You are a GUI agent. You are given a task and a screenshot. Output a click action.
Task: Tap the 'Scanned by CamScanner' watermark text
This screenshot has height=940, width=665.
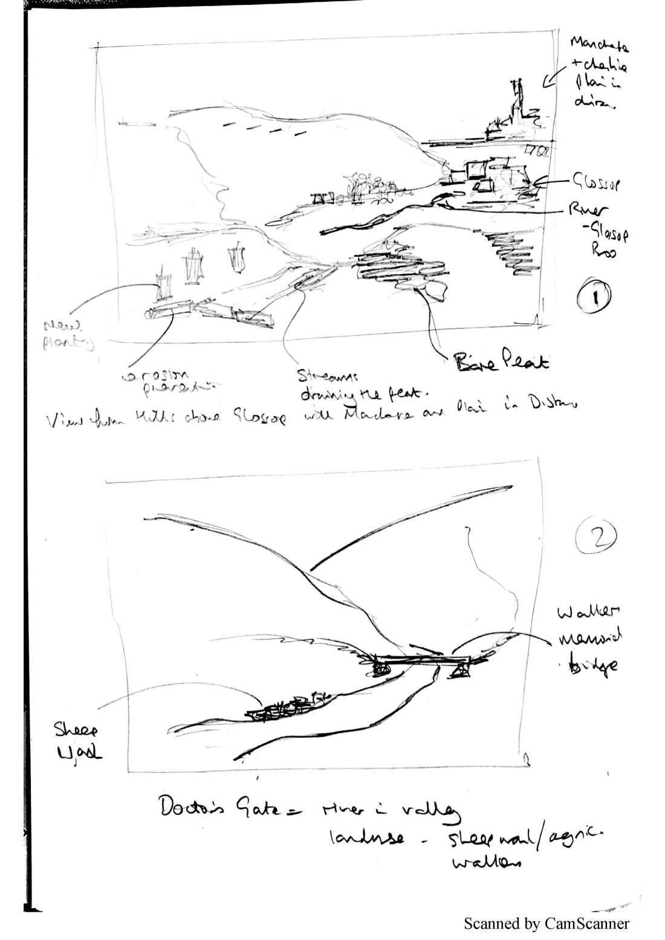546,924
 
